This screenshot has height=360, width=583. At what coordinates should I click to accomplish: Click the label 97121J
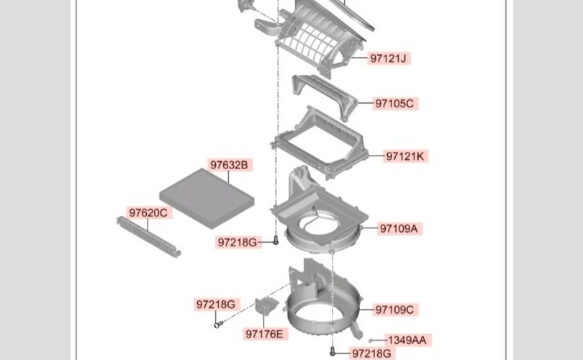coord(389,58)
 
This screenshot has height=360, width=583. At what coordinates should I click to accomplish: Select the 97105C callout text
coord(394,104)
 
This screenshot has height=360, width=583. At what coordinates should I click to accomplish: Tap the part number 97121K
coord(405,156)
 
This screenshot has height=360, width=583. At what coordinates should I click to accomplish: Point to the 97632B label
coord(230,165)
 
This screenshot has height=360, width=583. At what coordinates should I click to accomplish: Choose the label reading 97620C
coord(148,212)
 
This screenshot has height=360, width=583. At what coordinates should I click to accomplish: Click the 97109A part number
coord(399,228)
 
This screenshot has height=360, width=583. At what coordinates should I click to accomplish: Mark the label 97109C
coord(395,310)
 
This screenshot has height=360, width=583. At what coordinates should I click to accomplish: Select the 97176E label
coord(265,334)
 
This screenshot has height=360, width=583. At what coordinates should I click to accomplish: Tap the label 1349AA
coord(407,340)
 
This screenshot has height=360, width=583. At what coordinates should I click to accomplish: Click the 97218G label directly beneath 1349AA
coord(371,354)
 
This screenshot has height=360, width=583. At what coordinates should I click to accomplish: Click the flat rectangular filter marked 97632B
coord(207,199)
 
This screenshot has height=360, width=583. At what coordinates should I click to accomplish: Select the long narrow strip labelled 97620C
coord(149,237)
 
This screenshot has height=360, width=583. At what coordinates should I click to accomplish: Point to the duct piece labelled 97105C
coord(324,97)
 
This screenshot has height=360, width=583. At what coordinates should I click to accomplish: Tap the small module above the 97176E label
coord(266,305)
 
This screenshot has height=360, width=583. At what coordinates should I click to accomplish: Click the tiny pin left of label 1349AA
coord(371,341)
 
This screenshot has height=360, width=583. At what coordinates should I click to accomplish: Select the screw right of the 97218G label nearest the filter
coord(276,240)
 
